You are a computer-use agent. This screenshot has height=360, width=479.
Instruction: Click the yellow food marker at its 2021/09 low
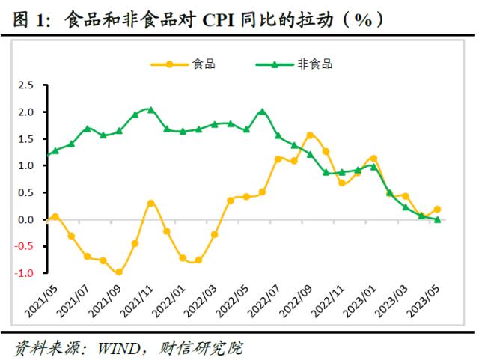119,272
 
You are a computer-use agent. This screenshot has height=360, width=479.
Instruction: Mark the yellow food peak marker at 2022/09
310,135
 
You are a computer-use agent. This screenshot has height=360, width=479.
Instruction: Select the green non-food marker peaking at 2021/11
150,110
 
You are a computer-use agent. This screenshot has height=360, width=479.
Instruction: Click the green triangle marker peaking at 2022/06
262,112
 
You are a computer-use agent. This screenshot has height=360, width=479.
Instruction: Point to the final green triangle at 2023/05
437,219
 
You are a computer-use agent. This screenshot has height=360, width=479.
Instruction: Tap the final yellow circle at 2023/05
437,210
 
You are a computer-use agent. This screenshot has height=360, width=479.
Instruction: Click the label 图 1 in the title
29,19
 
